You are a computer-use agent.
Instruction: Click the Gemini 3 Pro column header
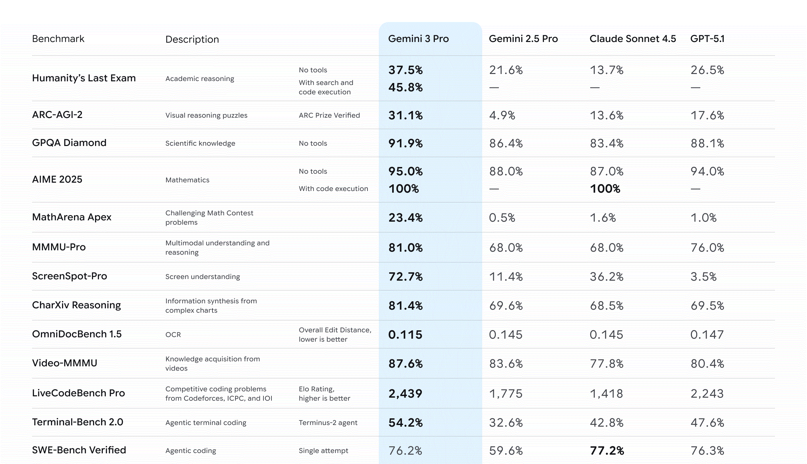click(418, 39)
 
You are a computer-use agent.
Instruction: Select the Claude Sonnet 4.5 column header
click(632, 39)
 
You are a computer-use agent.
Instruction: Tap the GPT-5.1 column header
click(707, 39)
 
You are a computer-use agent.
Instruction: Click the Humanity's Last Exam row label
click(84, 78)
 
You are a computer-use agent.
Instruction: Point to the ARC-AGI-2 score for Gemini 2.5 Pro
click(502, 115)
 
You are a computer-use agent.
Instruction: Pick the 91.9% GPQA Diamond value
click(406, 143)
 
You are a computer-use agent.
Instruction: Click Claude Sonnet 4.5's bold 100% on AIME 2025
click(605, 189)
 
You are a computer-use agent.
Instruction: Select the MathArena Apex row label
click(72, 217)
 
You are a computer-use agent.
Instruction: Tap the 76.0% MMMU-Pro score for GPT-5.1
click(707, 248)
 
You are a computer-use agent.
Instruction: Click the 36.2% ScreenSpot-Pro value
click(606, 277)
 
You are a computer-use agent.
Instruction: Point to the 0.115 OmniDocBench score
click(405, 335)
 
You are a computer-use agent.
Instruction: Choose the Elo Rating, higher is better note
click(324, 394)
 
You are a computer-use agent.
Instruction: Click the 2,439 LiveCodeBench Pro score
click(405, 394)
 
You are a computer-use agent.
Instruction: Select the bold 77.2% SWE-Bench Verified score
click(607, 451)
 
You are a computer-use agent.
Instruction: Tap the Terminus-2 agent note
click(328, 423)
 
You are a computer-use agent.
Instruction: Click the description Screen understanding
click(202, 277)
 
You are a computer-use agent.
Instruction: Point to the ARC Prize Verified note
click(329, 115)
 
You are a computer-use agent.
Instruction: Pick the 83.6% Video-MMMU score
click(506, 364)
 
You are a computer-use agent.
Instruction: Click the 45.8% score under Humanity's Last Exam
click(406, 87)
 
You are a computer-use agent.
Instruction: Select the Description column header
click(192, 39)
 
